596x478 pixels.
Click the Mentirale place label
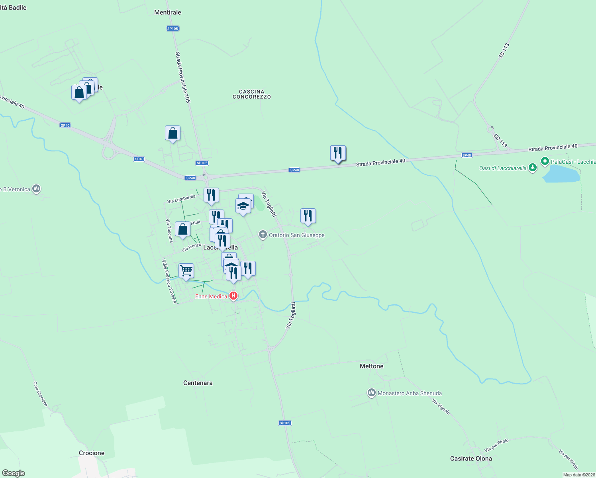tap(167, 12)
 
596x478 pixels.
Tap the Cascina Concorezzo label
tap(251, 94)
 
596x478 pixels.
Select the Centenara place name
tap(198, 383)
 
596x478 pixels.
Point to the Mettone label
tap(371, 366)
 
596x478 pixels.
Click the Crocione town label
tap(92, 453)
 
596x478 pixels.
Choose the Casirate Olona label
tap(471, 458)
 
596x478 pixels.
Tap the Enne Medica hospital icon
tap(233, 296)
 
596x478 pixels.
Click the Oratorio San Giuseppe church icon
tap(263, 235)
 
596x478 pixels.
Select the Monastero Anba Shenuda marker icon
tap(371, 393)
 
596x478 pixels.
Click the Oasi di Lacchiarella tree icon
tap(532, 168)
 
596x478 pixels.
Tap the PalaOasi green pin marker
tap(545, 161)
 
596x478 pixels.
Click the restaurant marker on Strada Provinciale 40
tap(338, 153)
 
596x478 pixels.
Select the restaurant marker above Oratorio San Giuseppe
tap(308, 216)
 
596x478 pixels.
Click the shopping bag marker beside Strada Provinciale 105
tap(173, 133)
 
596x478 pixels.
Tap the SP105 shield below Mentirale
tap(173, 29)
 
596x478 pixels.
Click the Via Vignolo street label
tap(441, 407)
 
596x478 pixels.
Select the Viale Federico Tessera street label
tap(169, 281)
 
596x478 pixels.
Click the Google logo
tap(14, 473)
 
